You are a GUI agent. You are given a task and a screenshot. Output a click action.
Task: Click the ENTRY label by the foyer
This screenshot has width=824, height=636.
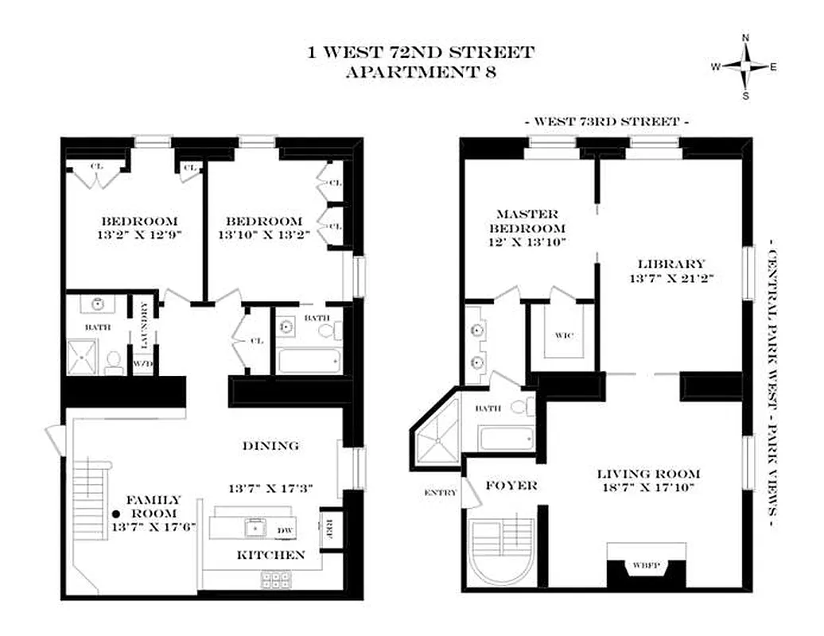(x=441, y=492)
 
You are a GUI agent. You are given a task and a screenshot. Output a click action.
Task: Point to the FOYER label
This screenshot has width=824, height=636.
(x=512, y=485)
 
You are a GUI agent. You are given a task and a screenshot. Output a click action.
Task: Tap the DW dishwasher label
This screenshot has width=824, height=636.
(x=285, y=529)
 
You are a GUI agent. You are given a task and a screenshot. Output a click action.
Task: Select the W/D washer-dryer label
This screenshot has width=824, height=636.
(x=143, y=364)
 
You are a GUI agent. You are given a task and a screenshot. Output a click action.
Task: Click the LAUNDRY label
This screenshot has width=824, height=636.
(x=144, y=324)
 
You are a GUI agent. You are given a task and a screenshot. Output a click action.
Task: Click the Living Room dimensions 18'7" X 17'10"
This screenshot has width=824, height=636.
(x=648, y=489)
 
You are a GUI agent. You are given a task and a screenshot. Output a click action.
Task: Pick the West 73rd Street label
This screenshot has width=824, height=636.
(x=606, y=122)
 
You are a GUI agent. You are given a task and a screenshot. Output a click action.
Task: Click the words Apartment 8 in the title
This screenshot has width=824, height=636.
(x=421, y=72)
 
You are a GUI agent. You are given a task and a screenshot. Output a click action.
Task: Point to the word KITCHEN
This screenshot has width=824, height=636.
(x=270, y=555)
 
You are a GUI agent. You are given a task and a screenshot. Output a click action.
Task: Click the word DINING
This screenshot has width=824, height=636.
(x=270, y=446)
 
